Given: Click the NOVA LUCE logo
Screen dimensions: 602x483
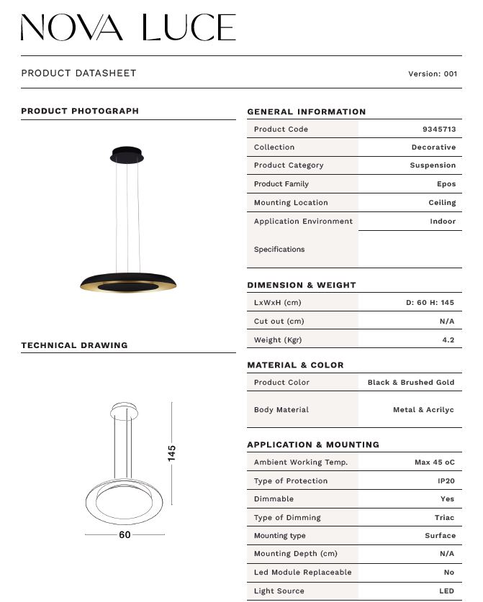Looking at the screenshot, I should point(128,27).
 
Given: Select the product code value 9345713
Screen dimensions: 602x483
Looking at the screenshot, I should point(438,129).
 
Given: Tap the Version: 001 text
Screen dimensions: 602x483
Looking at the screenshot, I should point(433,73).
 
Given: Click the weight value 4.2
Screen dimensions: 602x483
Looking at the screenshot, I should point(448,340).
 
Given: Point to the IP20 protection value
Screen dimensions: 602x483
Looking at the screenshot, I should point(446,481).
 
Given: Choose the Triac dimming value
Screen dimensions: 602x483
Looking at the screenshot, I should point(444,518).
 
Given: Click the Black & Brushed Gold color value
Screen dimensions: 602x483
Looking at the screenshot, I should point(411,383).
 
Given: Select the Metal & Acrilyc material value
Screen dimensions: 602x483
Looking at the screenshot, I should point(423,410).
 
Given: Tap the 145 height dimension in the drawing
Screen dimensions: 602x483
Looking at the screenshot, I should point(172,453).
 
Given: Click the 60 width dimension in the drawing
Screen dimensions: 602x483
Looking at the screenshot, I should point(125,535).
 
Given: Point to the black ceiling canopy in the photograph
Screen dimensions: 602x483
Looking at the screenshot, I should point(127,155).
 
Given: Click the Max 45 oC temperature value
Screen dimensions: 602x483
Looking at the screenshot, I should point(434,462).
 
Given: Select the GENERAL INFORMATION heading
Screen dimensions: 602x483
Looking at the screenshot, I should point(306,112).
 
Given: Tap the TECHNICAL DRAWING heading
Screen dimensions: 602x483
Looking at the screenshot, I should point(74,346).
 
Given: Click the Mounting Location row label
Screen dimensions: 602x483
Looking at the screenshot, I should point(291,203).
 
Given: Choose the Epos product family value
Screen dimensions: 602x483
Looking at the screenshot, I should point(446,184).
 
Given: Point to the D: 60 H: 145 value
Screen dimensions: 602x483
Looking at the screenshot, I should point(430,303).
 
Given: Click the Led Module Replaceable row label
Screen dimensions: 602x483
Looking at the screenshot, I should point(302,573).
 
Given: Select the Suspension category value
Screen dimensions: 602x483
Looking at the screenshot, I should point(433,165).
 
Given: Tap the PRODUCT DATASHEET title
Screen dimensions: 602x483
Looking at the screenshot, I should point(78,73).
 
